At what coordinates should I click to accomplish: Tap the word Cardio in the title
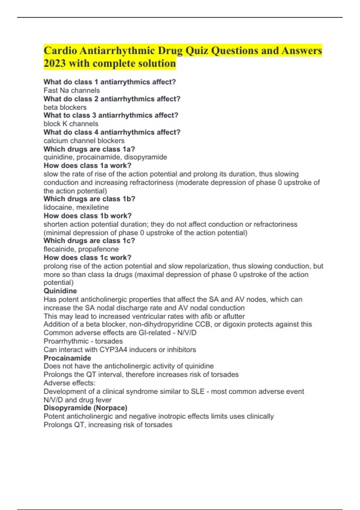[60, 50]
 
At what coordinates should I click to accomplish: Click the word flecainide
[58, 249]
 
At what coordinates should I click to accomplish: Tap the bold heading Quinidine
[60, 291]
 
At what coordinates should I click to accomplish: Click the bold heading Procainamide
[67, 358]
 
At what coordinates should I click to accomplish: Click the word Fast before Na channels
[51, 90]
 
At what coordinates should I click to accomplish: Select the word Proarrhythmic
[66, 341]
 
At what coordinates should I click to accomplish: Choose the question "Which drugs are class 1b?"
[89, 199]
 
